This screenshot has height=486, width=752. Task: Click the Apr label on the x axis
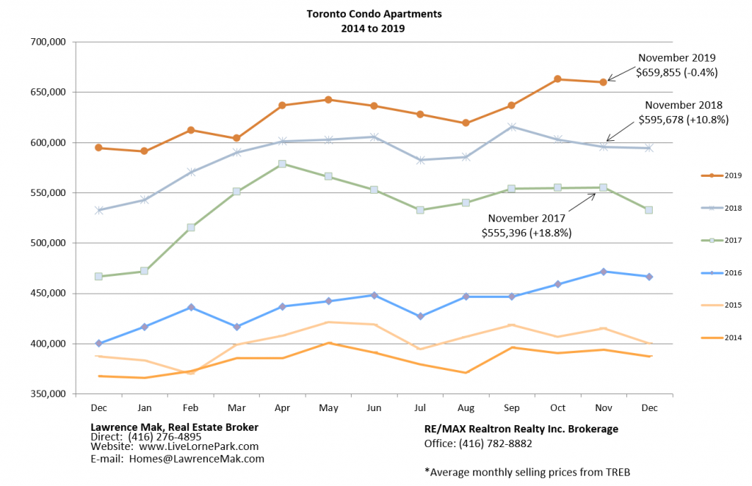(282, 406)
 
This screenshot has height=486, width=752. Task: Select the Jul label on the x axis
(420, 406)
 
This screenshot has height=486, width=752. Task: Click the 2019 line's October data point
(557, 79)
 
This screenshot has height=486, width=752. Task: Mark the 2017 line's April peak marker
(282, 164)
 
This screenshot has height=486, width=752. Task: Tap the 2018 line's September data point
(512, 127)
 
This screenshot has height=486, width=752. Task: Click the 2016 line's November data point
(604, 272)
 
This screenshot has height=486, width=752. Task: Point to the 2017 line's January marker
(144, 271)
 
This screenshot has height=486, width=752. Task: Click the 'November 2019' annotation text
(676, 58)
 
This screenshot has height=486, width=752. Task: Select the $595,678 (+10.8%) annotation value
(683, 119)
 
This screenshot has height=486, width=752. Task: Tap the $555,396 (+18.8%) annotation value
(527, 232)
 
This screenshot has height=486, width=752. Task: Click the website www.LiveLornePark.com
(198, 446)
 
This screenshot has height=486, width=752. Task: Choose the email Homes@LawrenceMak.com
(196, 459)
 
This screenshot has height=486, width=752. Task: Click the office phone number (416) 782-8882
(496, 443)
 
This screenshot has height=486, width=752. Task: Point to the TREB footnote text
(527, 472)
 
